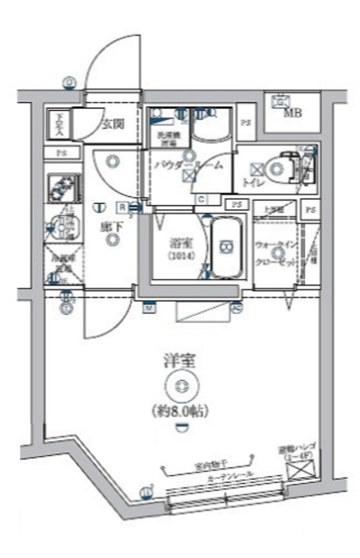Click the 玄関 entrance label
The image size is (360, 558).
[x=111, y=124]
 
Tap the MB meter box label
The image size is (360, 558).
[x=291, y=112]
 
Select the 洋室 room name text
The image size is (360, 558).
[x=179, y=358]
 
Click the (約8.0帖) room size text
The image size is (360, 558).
[x=180, y=411]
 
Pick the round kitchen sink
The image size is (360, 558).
[x=58, y=223]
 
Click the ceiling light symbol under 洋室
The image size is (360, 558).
[x=180, y=385]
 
